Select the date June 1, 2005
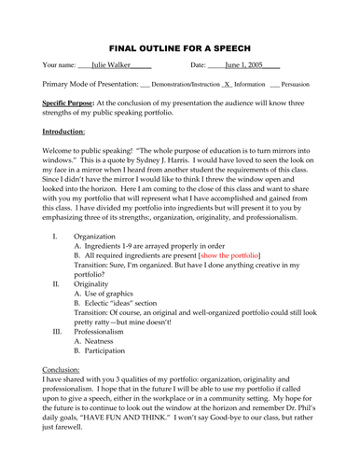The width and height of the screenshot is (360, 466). click(243, 66)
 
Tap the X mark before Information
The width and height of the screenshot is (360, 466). click(227, 84)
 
